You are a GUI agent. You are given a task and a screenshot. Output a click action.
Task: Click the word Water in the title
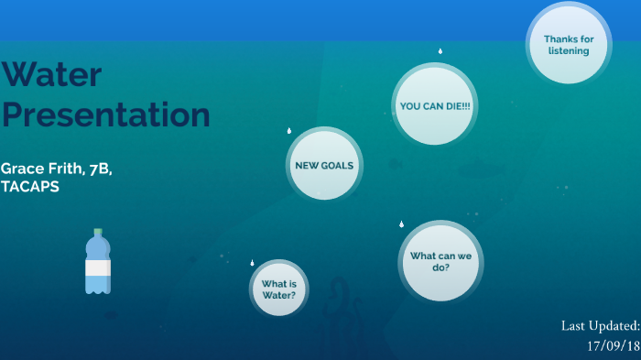(x=51, y=75)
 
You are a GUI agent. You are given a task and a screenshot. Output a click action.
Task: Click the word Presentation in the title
(x=105, y=115)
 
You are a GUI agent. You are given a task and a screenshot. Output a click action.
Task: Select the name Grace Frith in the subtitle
(x=38, y=169)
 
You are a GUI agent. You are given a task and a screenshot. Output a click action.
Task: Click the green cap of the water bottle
(x=98, y=233)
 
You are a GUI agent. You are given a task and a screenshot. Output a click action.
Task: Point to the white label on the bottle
(x=98, y=267)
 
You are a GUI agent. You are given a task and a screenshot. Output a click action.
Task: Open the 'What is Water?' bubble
(x=279, y=289)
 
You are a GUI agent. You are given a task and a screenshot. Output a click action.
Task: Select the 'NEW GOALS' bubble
(x=323, y=166)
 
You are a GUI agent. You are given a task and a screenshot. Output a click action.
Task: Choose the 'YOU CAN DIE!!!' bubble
(x=435, y=106)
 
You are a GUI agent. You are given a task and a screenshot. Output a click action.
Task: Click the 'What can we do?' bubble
(x=440, y=261)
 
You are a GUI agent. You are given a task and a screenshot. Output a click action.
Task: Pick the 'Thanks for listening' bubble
(x=569, y=44)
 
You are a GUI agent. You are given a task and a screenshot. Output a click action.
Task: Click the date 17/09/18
(x=613, y=345)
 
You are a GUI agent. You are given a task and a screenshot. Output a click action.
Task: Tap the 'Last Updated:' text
(x=600, y=326)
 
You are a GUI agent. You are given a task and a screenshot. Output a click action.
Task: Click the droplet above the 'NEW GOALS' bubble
(x=288, y=131)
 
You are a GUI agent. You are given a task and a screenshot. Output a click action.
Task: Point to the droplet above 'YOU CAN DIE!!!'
(x=440, y=51)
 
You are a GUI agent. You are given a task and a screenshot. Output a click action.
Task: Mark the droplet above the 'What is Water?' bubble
(x=252, y=263)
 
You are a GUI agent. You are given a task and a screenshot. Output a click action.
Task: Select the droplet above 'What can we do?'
(x=401, y=224)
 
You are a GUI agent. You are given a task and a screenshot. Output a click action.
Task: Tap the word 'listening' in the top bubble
(x=569, y=50)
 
